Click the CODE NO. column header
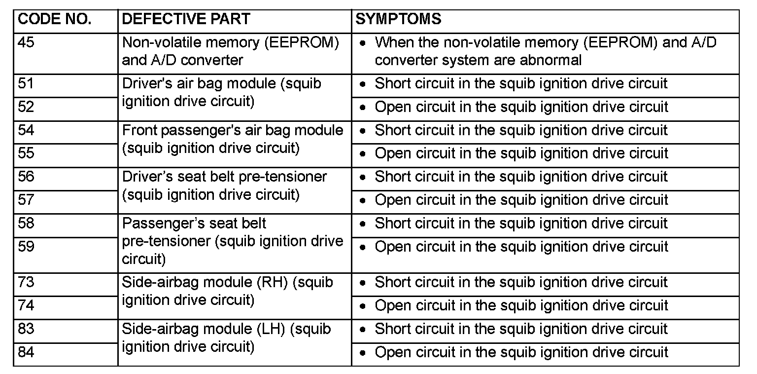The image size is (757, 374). point(54,20)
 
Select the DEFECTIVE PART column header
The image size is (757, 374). point(186,20)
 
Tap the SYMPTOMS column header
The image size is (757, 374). point(398,20)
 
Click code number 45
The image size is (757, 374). point(26,43)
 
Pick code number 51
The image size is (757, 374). point(26,84)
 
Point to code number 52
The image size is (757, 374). point(26,107)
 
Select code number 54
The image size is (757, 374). point(26,130)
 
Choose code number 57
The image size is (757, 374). point(26,200)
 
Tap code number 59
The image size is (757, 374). point(26,246)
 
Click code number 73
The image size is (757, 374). point(26,282)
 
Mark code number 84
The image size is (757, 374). point(26,352)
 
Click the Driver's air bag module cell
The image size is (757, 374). point(221,93)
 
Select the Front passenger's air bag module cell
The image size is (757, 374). point(232,139)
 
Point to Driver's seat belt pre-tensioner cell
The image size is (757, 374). point(224,186)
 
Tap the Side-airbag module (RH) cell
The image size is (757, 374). point(227,291)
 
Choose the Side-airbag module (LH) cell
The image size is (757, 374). point(226,337)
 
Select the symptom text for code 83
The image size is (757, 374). point(521,329)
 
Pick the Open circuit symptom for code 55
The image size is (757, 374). point(521,153)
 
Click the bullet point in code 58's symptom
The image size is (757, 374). point(363,224)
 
